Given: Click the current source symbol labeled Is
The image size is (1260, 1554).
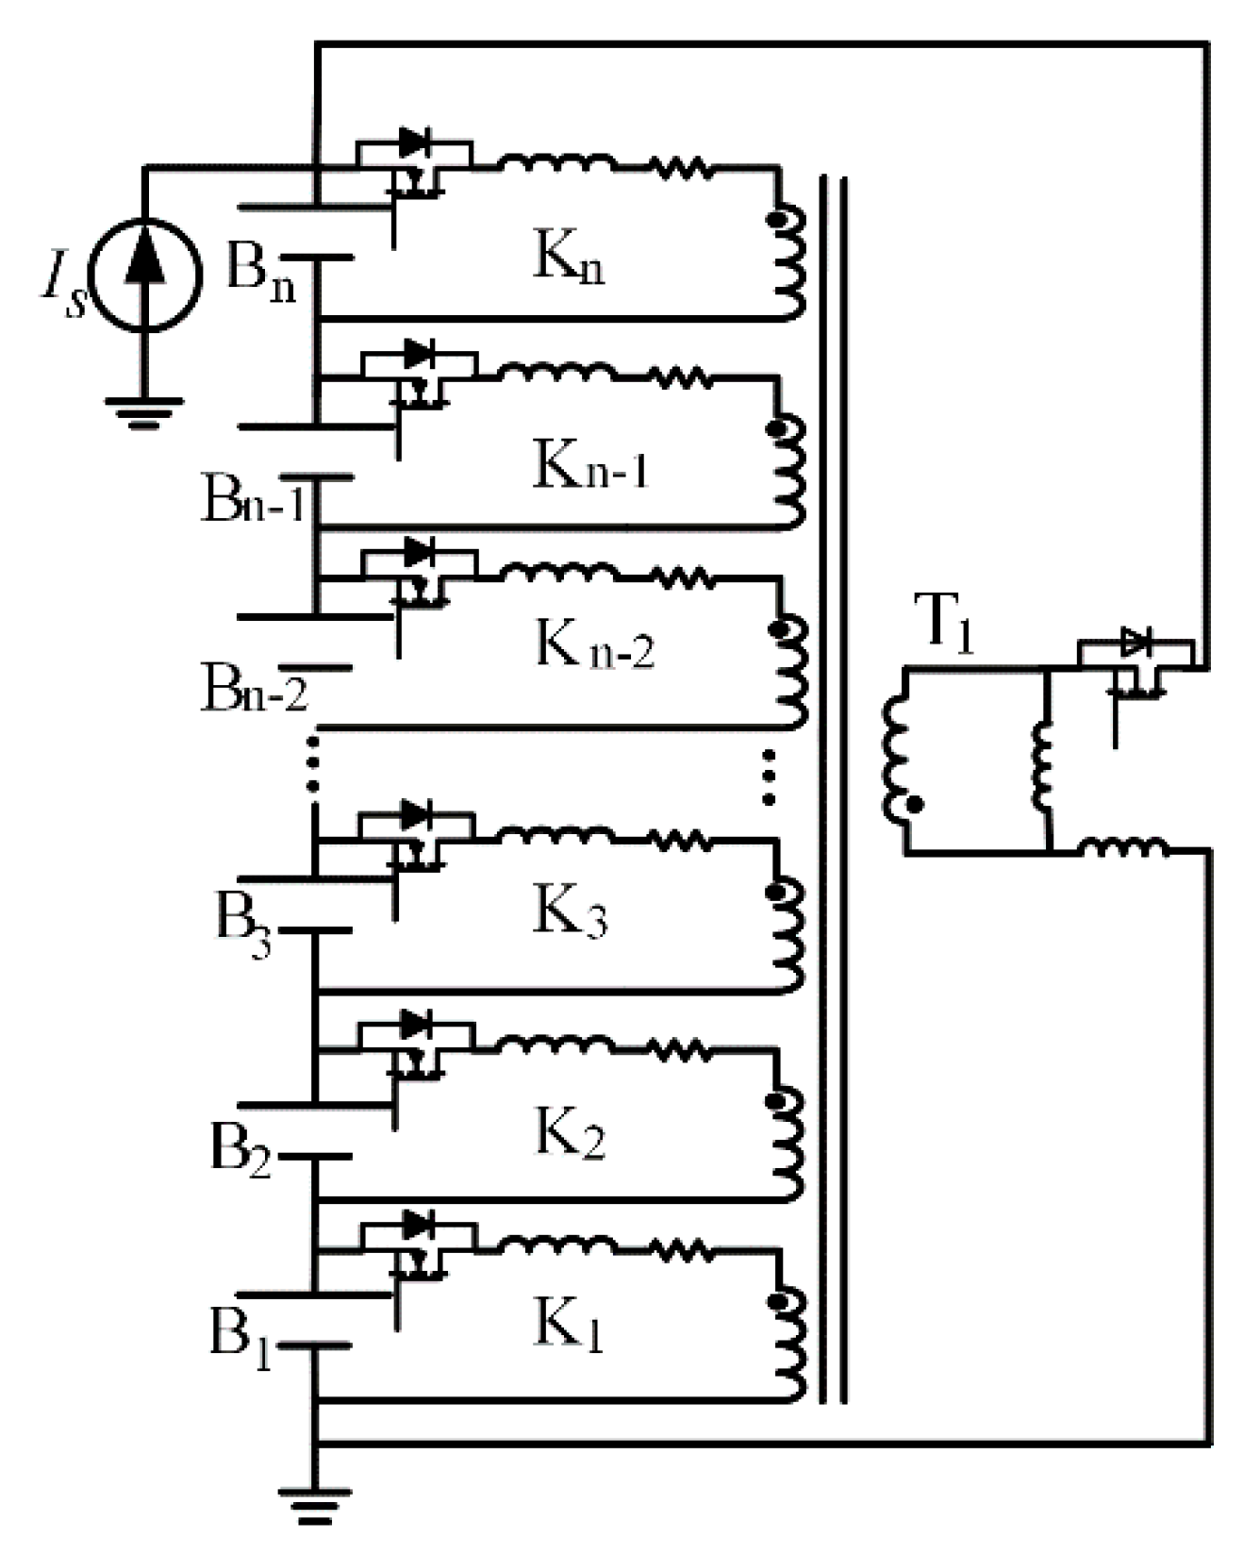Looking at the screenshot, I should click(x=146, y=274).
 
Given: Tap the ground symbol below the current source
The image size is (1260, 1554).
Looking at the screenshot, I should click(x=144, y=411).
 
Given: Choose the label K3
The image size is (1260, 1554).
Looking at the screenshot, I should click(x=571, y=912).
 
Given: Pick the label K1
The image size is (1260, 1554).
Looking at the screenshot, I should click(x=569, y=1326).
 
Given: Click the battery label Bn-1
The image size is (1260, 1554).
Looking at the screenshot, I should click(x=253, y=500).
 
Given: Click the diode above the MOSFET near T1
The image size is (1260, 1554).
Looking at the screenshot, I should click(x=1135, y=643).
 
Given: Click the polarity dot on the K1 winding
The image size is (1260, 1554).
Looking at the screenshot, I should click(x=776, y=1303).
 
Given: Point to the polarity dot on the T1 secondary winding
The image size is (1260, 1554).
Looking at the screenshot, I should click(x=913, y=805).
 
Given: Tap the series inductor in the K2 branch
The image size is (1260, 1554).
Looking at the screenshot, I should click(x=556, y=1044).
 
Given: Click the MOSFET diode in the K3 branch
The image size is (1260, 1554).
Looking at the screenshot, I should click(x=416, y=813).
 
